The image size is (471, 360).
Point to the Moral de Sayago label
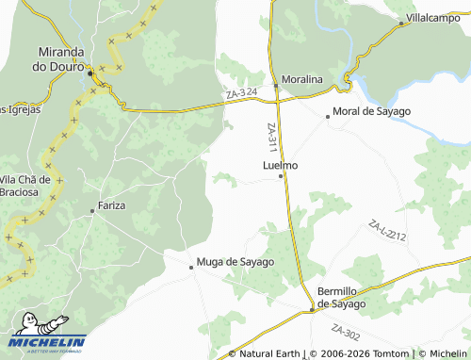point(373,112)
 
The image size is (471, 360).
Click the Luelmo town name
point(280,165)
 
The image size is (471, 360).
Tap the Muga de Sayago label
point(235,262)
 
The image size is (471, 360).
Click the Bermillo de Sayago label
point(341,298)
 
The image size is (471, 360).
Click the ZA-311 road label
point(271,139)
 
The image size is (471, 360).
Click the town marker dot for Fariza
point(92,212)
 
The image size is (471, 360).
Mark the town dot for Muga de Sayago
point(191,267)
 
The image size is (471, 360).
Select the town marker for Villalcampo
point(401,24)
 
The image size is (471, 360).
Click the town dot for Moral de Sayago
point(327,117)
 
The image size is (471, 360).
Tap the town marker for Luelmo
point(281,176)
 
